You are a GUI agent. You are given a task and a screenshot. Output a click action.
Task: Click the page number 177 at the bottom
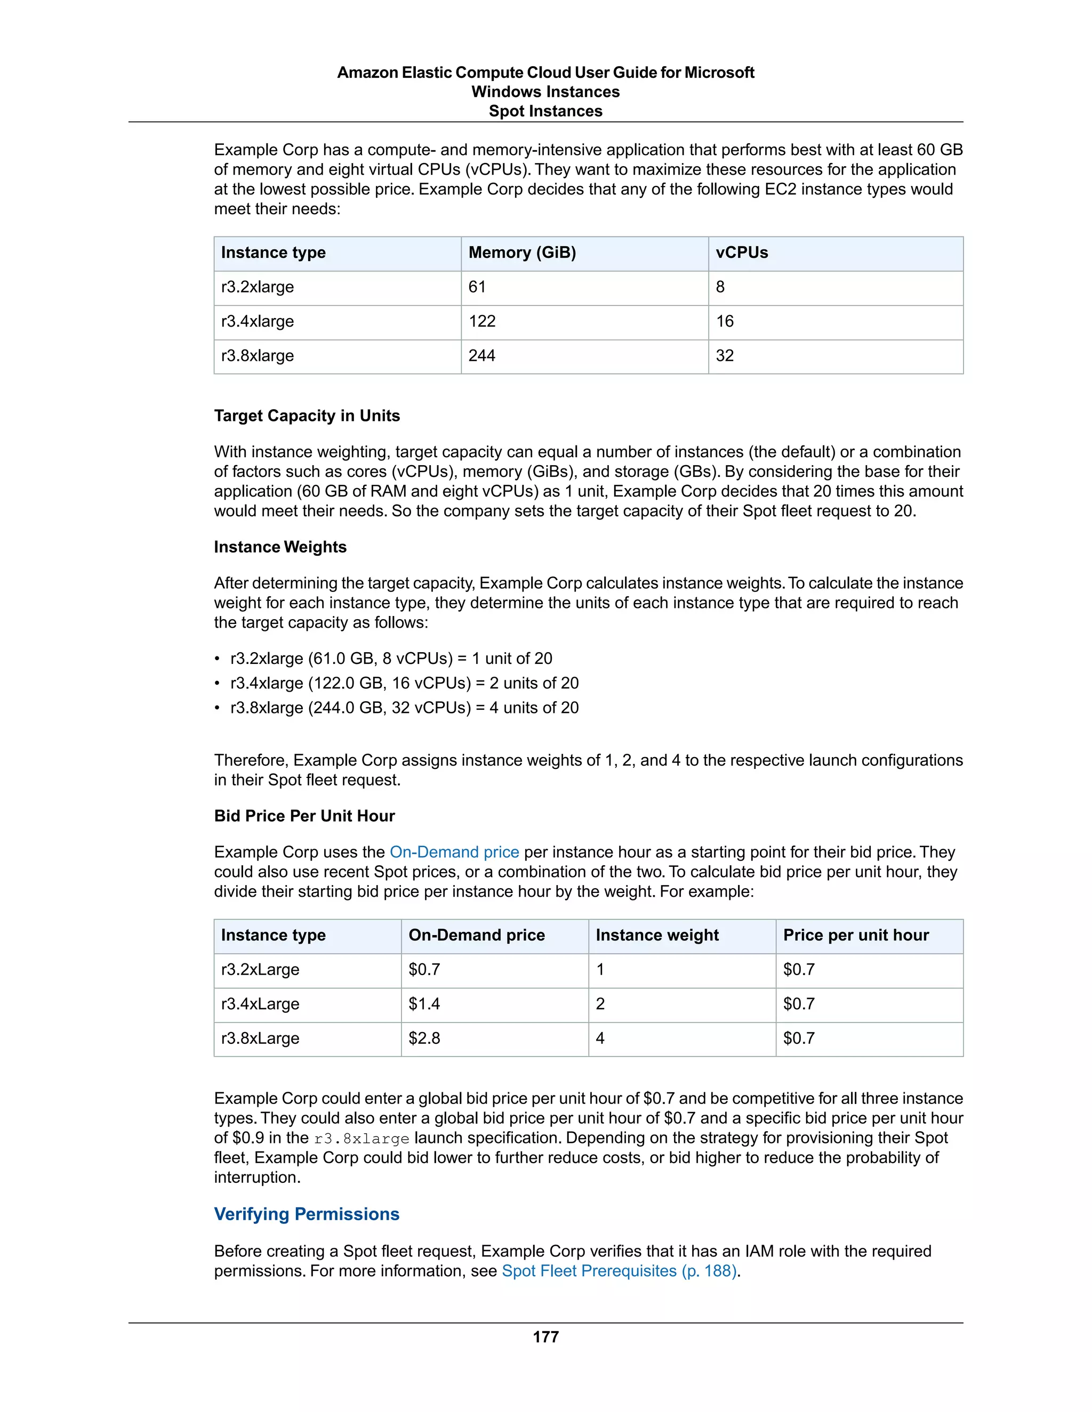pyautogui.click(x=545, y=1336)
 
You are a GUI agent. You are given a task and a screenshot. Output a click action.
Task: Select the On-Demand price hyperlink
pyautogui.click(x=454, y=851)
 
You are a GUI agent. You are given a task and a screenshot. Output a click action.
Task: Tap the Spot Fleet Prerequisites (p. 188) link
pyautogui.click(x=619, y=1270)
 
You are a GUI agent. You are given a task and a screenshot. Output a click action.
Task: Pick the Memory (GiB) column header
pyautogui.click(x=522, y=253)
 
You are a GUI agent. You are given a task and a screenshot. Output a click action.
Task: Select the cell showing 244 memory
pyautogui.click(x=482, y=355)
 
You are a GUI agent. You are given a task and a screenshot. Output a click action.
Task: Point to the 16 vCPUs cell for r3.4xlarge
pyautogui.click(x=725, y=321)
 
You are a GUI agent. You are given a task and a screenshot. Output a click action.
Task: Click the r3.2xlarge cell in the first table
pyautogui.click(x=258, y=287)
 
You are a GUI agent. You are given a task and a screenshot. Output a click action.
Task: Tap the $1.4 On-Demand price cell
pyautogui.click(x=424, y=1003)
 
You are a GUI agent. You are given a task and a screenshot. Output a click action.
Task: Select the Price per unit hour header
pyautogui.click(x=856, y=935)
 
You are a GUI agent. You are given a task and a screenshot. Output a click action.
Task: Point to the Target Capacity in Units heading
pyautogui.click(x=307, y=416)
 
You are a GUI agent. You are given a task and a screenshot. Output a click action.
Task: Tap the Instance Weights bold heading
pyautogui.click(x=280, y=547)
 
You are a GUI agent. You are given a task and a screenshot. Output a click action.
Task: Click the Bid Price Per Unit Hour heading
pyautogui.click(x=304, y=816)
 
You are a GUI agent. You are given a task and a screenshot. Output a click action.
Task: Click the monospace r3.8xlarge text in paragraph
pyautogui.click(x=362, y=1139)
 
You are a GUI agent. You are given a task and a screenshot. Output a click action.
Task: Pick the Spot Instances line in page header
pyautogui.click(x=545, y=111)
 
